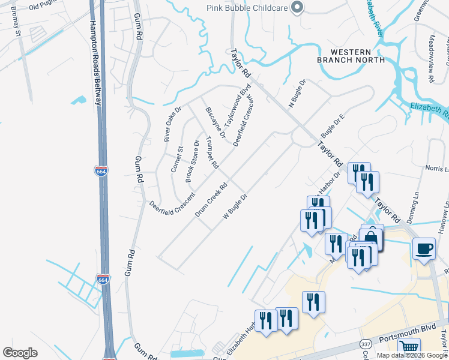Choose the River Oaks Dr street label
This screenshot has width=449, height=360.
[x=172, y=124]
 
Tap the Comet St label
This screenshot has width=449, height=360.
[x=177, y=159]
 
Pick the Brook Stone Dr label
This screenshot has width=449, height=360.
[x=192, y=161]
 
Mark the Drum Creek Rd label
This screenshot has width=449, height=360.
[x=210, y=200]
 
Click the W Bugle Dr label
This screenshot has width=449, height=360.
[x=235, y=206]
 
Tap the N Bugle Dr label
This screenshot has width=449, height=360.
[x=297, y=94]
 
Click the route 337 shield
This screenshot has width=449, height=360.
[x=366, y=344]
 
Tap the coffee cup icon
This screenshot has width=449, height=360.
[x=424, y=248]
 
